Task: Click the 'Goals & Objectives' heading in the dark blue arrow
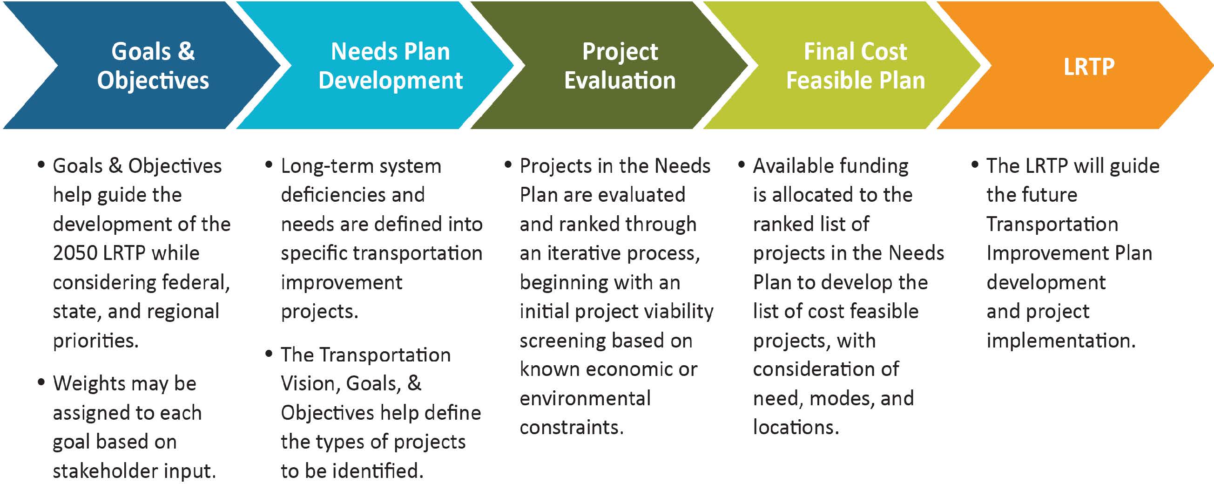click(x=153, y=66)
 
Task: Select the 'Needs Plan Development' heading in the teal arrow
click(x=390, y=66)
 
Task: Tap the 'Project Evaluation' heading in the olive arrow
click(x=620, y=66)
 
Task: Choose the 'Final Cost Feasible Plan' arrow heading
click(x=855, y=66)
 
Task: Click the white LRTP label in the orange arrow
click(x=1089, y=67)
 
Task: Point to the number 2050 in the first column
click(x=74, y=253)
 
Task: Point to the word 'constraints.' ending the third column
click(x=571, y=427)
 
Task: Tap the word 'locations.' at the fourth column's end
click(x=796, y=427)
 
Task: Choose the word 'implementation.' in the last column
click(x=1060, y=341)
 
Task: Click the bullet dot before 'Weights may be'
click(x=41, y=382)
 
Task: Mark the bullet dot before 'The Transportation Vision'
click(x=269, y=353)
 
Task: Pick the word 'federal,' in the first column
click(x=196, y=283)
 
